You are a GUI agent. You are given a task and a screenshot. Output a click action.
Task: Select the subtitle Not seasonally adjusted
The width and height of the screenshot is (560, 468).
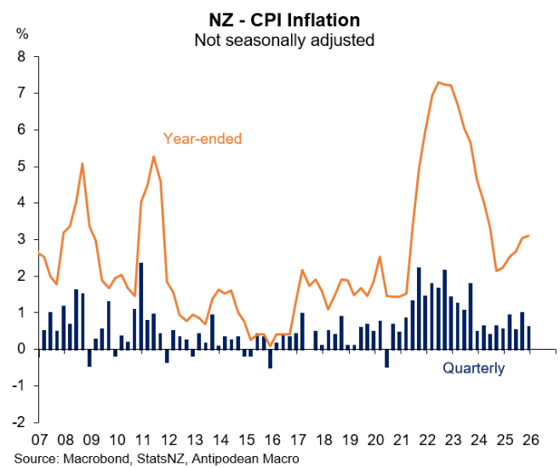(x=284, y=39)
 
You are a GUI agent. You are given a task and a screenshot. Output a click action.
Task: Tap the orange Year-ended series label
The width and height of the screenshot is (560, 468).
(x=203, y=138)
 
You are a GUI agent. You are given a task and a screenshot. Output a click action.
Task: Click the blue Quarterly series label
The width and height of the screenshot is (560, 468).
(x=473, y=368)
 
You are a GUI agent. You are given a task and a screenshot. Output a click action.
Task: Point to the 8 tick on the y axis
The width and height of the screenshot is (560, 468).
(x=23, y=57)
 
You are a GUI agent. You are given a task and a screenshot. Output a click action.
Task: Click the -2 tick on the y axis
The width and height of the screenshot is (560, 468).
(x=20, y=422)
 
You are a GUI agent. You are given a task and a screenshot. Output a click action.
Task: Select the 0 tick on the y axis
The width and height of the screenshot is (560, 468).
(x=23, y=349)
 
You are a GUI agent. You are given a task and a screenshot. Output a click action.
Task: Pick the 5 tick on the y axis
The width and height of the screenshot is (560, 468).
(x=23, y=167)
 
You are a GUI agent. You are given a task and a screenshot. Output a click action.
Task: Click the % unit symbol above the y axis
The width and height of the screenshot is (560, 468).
(x=22, y=34)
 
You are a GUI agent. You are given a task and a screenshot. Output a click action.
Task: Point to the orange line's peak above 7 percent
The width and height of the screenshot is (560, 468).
(x=438, y=83)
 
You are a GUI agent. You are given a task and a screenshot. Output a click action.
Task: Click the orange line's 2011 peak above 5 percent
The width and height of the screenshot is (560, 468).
(x=152, y=157)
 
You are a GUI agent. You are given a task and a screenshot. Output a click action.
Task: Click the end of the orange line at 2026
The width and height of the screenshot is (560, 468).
(x=529, y=236)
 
